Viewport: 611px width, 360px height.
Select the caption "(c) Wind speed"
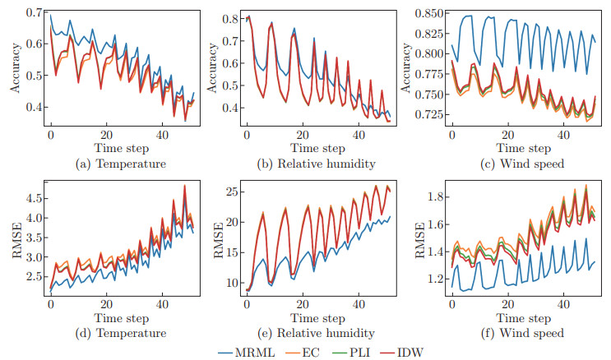tap(522, 164)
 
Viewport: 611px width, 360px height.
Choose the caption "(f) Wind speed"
tap(522, 333)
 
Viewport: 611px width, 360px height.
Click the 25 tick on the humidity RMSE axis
tap(230, 192)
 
